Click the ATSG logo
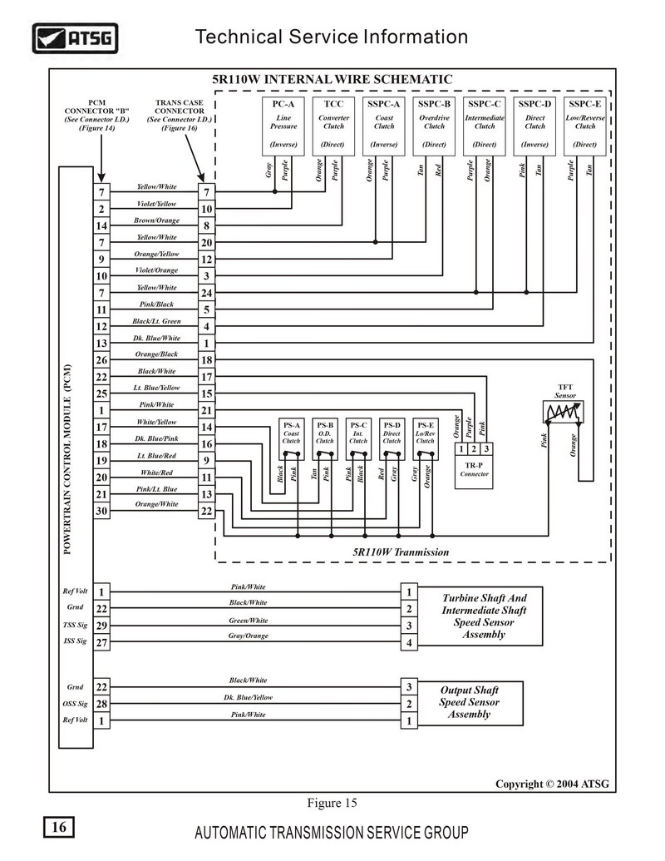click(x=75, y=38)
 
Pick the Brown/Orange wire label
click(x=157, y=220)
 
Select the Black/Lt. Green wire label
click(x=157, y=321)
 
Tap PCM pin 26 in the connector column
click(x=101, y=360)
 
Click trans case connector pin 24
click(x=207, y=293)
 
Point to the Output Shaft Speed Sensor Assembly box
click(x=470, y=702)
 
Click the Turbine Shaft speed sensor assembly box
click(x=484, y=616)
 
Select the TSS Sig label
click(x=75, y=625)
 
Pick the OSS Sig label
click(x=75, y=704)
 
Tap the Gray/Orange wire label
click(x=249, y=636)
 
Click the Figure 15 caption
click(x=332, y=803)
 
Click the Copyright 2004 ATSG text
click(x=552, y=784)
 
